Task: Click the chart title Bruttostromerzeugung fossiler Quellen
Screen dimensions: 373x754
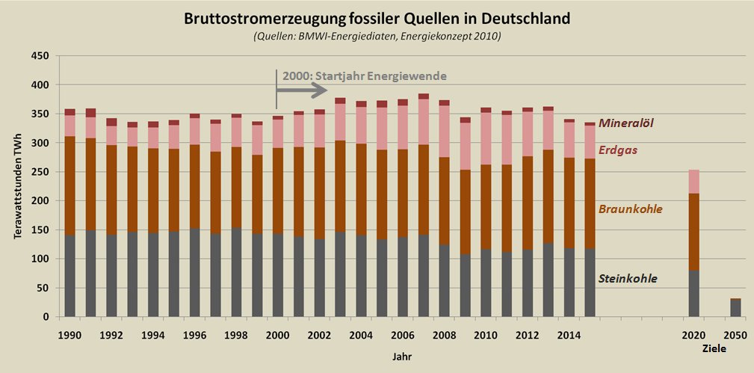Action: (x=377, y=19)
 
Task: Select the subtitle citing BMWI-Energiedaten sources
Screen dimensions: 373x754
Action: (x=377, y=36)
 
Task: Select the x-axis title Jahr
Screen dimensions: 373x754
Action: (x=401, y=357)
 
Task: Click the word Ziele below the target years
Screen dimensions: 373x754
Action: (x=714, y=349)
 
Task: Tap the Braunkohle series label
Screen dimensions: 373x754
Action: (x=630, y=209)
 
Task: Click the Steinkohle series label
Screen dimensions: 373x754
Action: (x=628, y=279)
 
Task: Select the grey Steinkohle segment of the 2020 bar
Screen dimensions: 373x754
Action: (x=693, y=294)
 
